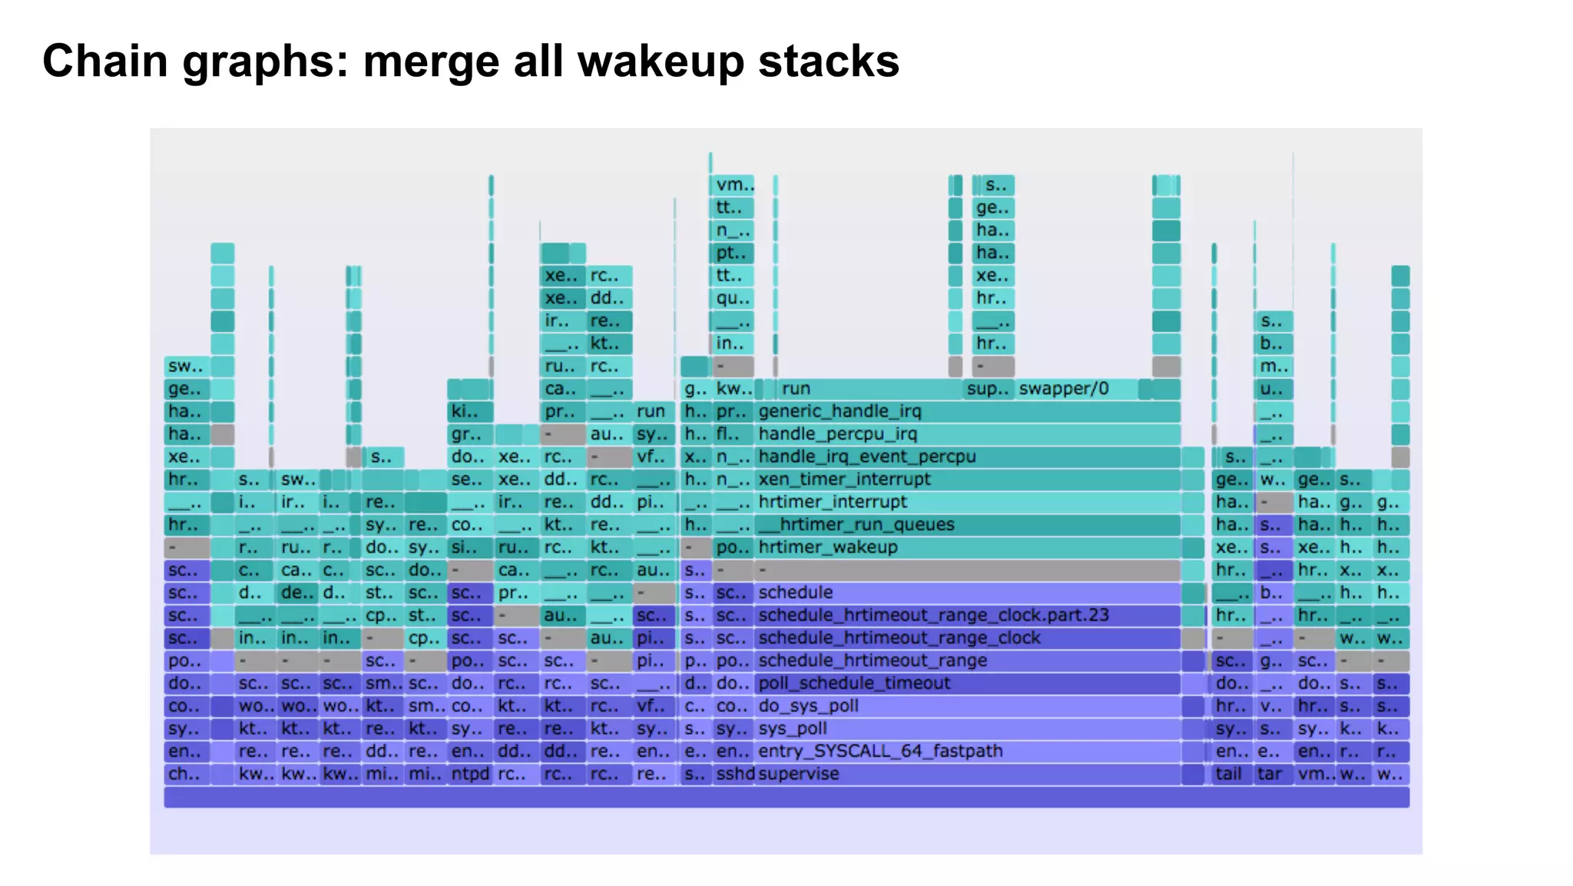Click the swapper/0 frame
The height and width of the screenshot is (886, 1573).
[x=1075, y=389]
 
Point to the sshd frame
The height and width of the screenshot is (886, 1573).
[x=734, y=775]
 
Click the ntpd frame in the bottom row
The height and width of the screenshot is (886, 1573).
[x=469, y=775]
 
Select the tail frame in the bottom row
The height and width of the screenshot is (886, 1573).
[x=1230, y=775]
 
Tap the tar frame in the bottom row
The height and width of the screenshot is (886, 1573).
[x=1271, y=775]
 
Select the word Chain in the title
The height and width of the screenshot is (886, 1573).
[x=105, y=61]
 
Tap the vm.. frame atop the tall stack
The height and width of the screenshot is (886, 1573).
[x=732, y=185]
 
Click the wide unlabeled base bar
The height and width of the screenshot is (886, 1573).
[x=786, y=798]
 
